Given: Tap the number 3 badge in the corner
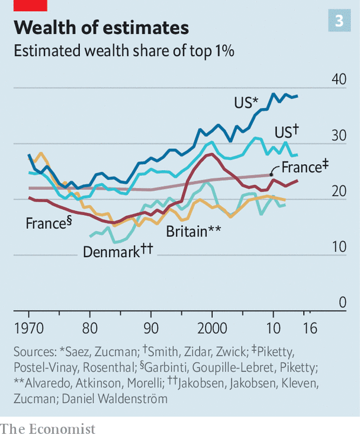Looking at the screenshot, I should click(x=339, y=21).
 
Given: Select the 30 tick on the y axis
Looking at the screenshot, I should click(x=338, y=136).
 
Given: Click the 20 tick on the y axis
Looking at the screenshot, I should click(x=338, y=191).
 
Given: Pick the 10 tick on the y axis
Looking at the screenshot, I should click(x=338, y=247).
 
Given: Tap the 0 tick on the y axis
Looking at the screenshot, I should click(x=342, y=303).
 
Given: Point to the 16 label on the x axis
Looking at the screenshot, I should click(x=310, y=328).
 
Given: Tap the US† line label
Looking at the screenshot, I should click(x=288, y=132).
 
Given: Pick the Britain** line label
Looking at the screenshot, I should click(x=194, y=231).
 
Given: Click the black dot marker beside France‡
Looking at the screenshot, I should click(x=271, y=174).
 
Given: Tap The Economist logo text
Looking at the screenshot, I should click(x=47, y=428).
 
